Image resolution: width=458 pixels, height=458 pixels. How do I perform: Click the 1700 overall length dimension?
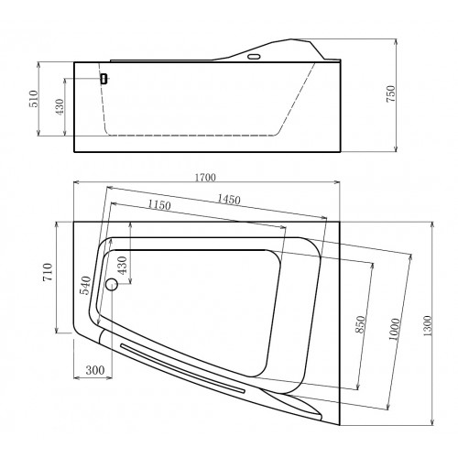coord(205,178)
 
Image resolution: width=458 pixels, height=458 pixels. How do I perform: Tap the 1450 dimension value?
coord(229,200)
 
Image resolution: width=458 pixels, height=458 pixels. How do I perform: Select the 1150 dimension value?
coord(159,204)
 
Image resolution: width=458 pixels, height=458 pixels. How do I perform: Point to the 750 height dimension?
coord(390,93)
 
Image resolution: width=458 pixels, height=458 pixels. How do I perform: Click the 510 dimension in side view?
coord(34,99)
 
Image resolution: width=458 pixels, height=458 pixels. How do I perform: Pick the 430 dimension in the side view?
coord(60,106)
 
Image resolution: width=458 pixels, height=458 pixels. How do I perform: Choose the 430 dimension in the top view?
coord(122,266)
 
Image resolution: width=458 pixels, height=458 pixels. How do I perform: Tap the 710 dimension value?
coord(48,272)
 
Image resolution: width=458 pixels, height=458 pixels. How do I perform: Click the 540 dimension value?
coord(85,286)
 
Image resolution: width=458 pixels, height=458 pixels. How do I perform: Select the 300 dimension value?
coord(95,370)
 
